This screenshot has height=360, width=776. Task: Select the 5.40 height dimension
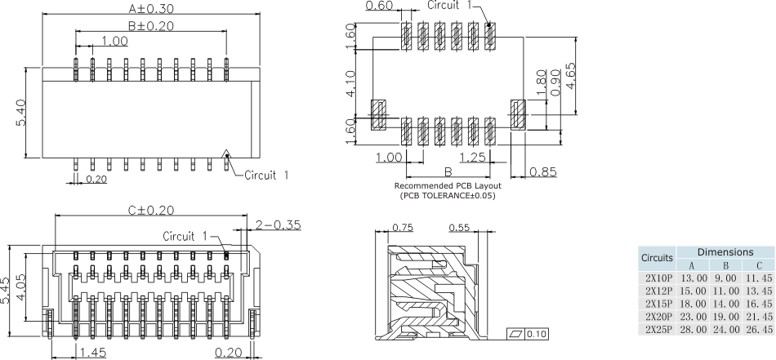click(x=22, y=113)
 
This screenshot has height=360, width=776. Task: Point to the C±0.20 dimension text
click(x=152, y=210)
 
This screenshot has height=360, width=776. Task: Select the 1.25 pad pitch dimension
click(x=474, y=157)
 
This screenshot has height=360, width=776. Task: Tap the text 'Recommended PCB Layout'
click(x=448, y=187)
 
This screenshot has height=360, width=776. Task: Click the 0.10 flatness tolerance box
click(x=536, y=335)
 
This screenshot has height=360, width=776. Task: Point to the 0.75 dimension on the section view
click(x=402, y=229)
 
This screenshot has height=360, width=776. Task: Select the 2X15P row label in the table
click(x=658, y=302)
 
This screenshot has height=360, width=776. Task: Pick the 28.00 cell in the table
click(x=691, y=328)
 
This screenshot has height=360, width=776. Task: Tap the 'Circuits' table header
click(x=658, y=258)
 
